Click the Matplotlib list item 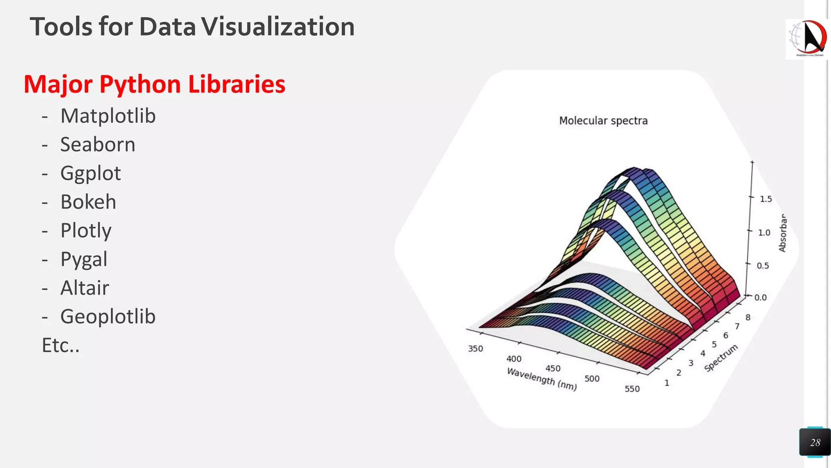click(108, 116)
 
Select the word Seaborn click(98, 145)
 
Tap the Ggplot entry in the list click(90, 174)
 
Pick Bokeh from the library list click(88, 202)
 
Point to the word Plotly click(86, 231)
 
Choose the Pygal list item click(84, 260)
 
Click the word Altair click(85, 288)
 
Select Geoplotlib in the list click(108, 317)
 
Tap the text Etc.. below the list click(61, 346)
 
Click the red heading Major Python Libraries click(155, 84)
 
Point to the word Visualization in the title click(278, 27)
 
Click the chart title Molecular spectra click(603, 121)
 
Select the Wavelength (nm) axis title click(542, 379)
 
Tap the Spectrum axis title click(721, 357)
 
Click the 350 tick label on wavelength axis click(476, 349)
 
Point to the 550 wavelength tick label click(632, 389)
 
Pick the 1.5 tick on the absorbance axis click(766, 199)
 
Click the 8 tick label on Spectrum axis click(748, 317)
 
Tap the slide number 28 click(815, 442)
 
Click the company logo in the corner click(807, 39)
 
